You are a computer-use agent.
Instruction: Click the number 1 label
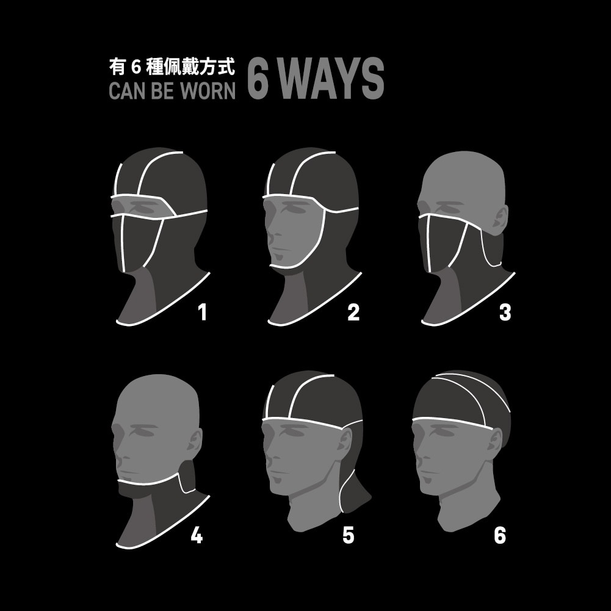point(202,312)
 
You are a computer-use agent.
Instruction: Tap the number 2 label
point(353,312)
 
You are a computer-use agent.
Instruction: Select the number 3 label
point(505,312)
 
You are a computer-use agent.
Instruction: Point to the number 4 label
point(197,535)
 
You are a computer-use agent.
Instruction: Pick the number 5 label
point(349,535)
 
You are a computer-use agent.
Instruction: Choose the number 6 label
point(500,535)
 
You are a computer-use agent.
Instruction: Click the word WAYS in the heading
point(331,78)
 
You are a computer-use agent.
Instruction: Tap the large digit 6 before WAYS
point(258,78)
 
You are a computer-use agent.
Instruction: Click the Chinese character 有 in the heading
point(117,67)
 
